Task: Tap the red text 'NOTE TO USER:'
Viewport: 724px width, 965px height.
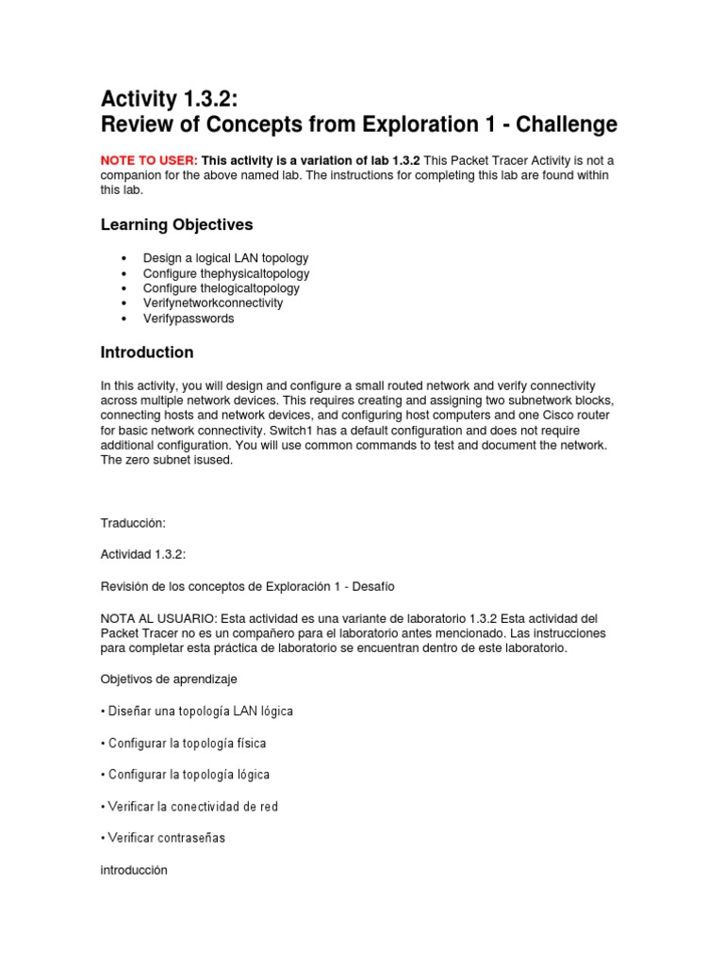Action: coord(149,161)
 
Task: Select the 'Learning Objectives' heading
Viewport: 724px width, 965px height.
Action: coord(176,224)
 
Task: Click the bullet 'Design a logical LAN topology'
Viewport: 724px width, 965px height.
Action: coord(225,257)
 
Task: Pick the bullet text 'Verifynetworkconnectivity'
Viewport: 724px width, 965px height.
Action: coord(213,303)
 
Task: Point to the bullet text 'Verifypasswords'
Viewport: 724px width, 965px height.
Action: coord(189,319)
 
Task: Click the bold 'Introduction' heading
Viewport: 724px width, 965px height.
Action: coord(147,352)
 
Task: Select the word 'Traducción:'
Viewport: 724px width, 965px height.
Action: coord(132,522)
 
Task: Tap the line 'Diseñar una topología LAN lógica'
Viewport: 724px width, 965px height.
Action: coord(201,711)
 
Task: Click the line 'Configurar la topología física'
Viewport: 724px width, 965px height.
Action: coord(188,743)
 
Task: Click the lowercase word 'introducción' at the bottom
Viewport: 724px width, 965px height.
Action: coord(134,870)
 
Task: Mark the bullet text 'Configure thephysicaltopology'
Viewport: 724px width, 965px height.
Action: coord(226,273)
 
